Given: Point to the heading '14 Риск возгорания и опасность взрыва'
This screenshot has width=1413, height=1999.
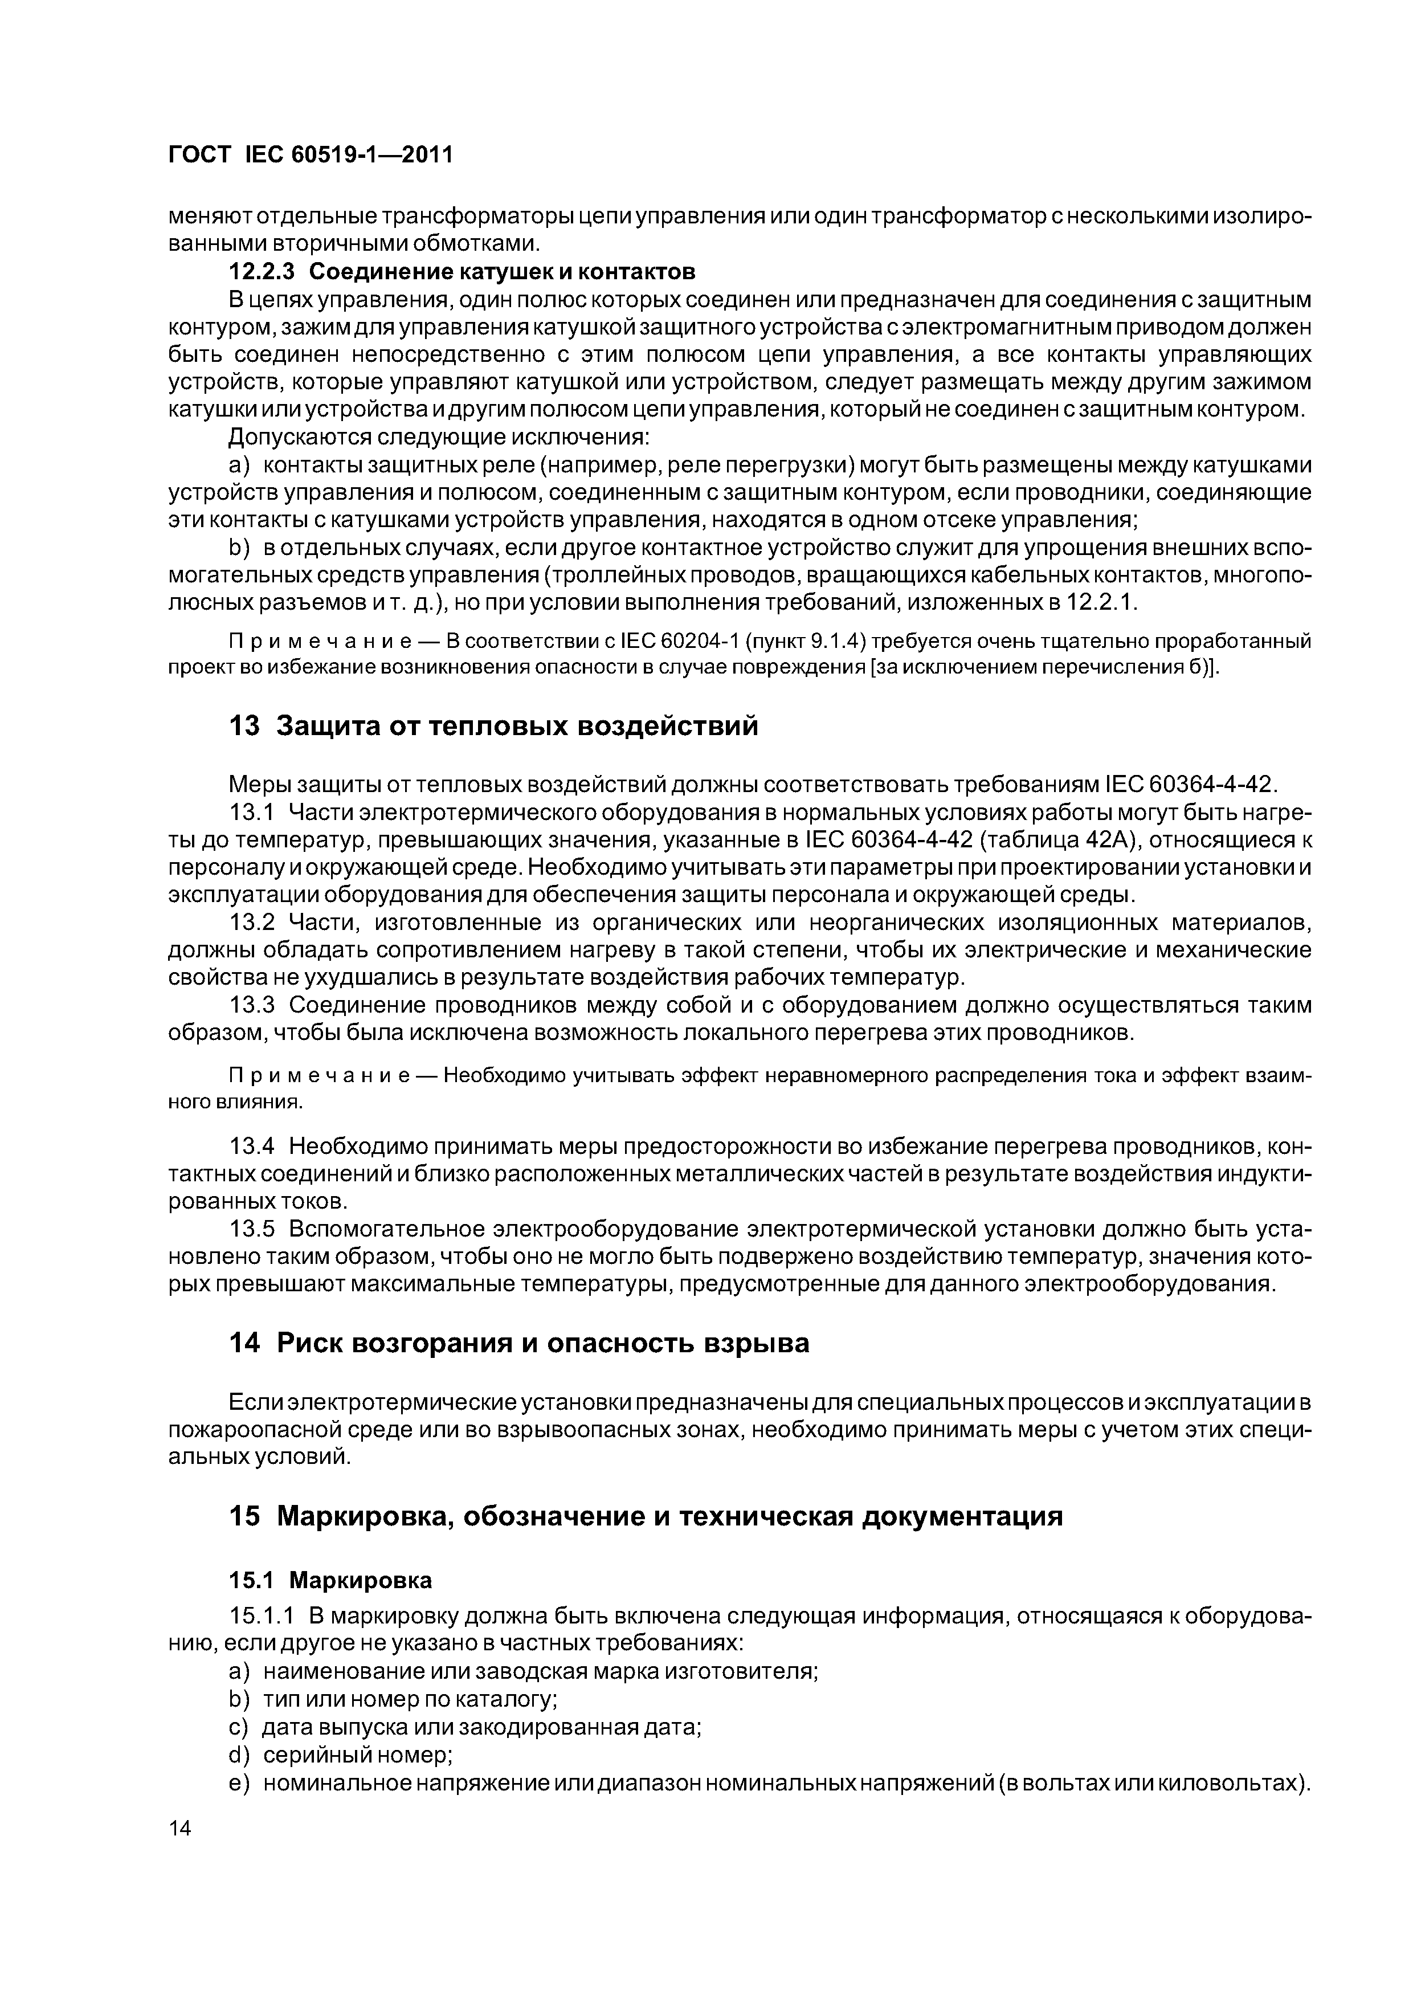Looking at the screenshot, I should [519, 1344].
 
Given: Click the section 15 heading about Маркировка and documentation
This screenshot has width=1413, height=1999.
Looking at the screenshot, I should [645, 1516].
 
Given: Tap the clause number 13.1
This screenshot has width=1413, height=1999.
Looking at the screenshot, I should [251, 813].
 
